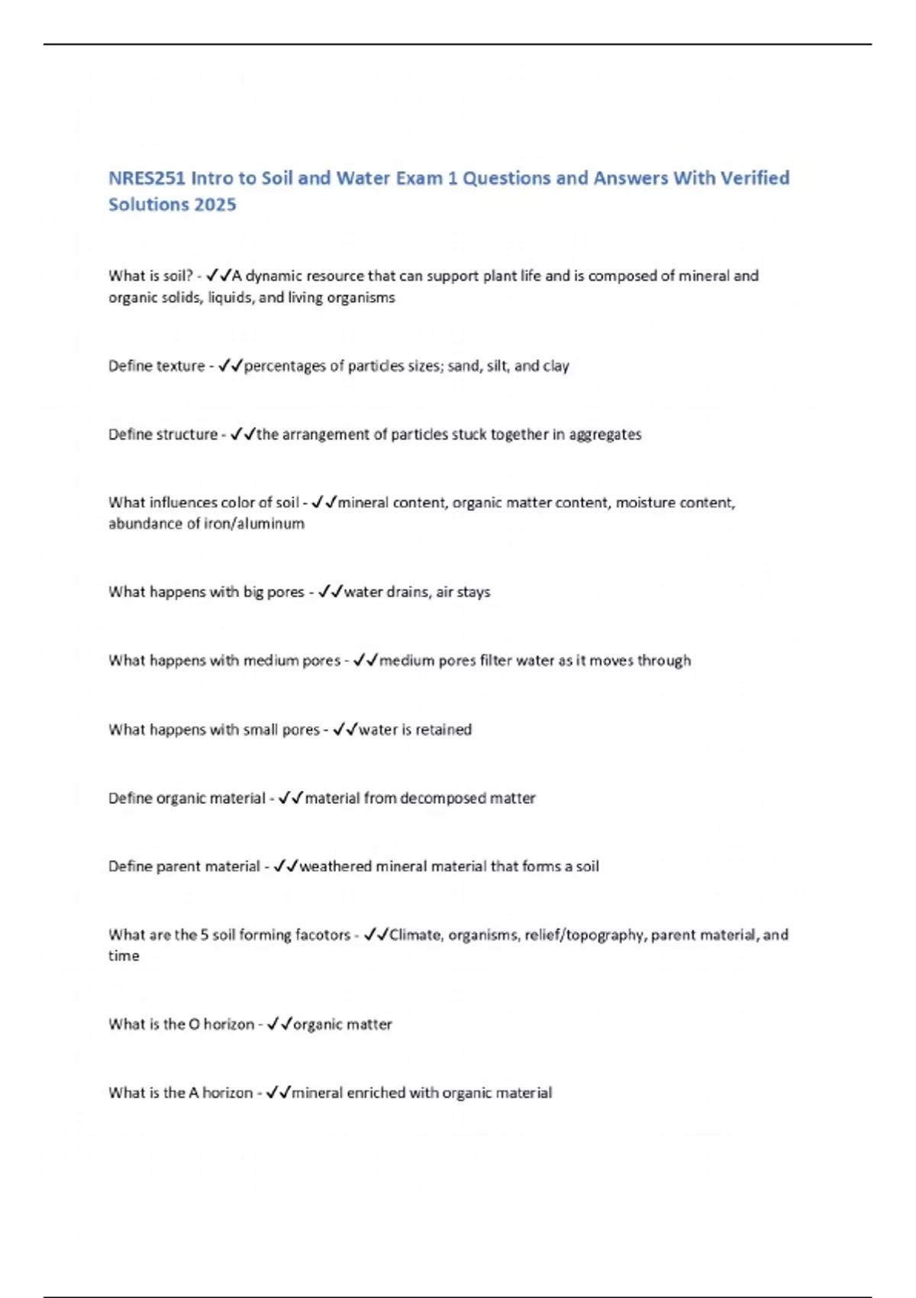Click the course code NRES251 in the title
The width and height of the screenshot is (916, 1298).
146,178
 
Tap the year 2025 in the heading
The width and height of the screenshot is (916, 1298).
215,205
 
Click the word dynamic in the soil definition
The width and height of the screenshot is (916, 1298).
273,276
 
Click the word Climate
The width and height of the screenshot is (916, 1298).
415,935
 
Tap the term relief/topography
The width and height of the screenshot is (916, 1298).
584,935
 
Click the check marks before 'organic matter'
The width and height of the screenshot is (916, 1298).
280,1025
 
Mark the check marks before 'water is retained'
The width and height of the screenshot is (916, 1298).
345,730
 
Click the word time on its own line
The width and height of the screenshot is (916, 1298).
124,956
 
